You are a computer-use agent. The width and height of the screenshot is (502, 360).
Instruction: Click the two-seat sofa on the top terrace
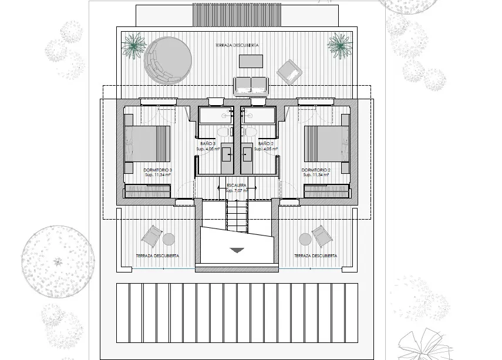[x=251, y=85]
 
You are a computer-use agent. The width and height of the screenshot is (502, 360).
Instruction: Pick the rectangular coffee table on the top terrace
[x=251, y=62]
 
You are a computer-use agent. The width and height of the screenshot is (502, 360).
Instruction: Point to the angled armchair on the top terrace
[x=289, y=71]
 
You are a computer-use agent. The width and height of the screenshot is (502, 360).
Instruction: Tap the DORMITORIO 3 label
[x=158, y=170]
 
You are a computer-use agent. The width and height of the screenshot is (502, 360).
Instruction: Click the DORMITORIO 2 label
[x=316, y=170]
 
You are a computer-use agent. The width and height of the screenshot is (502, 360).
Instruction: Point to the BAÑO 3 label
[x=208, y=144]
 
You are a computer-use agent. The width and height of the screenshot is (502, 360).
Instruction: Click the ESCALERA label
[x=236, y=186]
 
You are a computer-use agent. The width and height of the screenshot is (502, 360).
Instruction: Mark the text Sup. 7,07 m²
[x=236, y=191]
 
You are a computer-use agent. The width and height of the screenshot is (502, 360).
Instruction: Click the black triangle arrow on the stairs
[x=237, y=250]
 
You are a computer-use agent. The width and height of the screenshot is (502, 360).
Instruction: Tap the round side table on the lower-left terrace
[x=169, y=239]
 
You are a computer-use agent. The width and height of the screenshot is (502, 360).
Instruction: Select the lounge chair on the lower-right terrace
[x=322, y=235]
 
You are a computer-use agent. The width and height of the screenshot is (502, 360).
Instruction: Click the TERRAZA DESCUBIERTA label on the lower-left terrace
[x=157, y=256]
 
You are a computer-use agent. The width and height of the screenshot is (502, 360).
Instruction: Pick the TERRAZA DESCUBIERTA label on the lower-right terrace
[x=315, y=256]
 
